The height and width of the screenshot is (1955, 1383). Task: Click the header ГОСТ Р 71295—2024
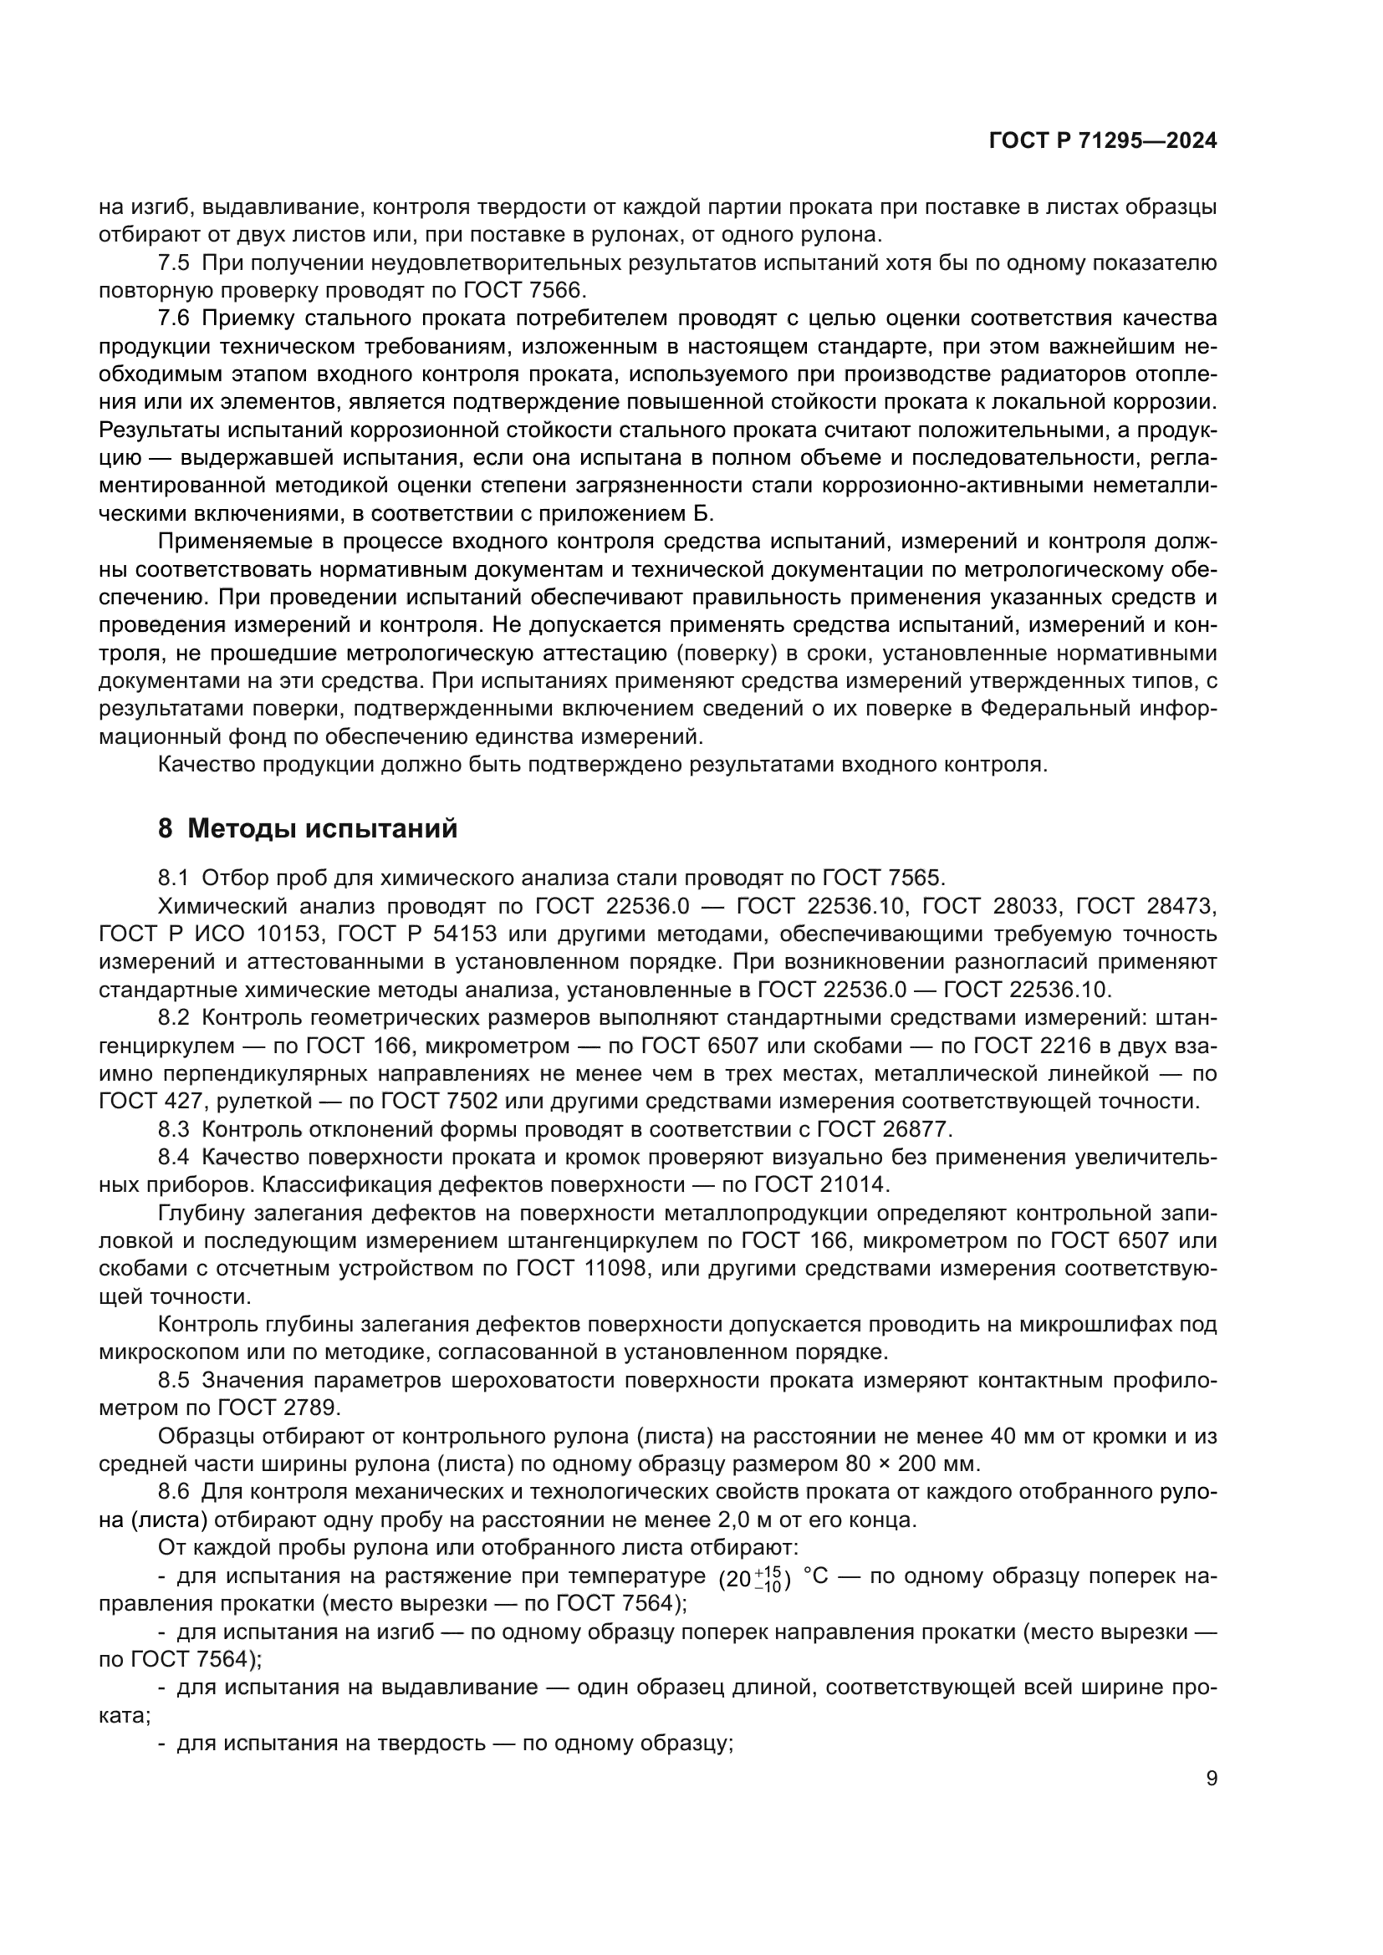pyautogui.click(x=1102, y=141)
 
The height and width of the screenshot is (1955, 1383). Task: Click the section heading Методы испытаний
pyautogui.click(x=322, y=828)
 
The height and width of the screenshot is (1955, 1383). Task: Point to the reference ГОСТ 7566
pyautogui.click(x=524, y=290)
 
